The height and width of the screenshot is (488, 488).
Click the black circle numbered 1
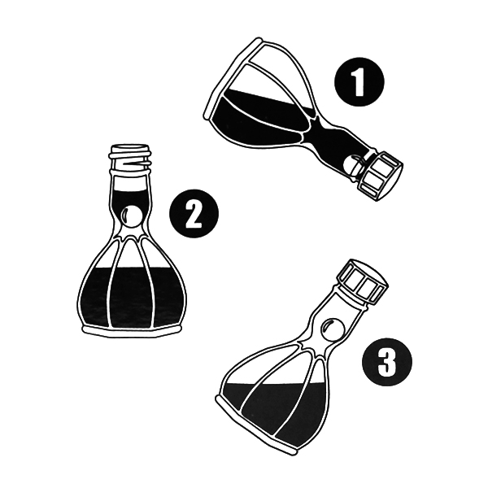tap(359, 82)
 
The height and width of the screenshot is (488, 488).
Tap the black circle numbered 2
tap(194, 214)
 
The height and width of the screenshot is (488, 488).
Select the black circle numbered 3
tap(387, 361)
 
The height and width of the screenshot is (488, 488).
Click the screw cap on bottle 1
tap(381, 176)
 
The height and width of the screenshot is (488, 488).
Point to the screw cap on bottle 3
tap(363, 281)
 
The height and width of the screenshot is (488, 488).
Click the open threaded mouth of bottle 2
tap(129, 159)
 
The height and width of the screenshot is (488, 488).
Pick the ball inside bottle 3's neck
tap(332, 329)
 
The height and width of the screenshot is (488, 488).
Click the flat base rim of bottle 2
tap(131, 331)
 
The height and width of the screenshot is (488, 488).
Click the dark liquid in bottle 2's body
tap(130, 297)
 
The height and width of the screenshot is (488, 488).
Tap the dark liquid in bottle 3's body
tap(274, 411)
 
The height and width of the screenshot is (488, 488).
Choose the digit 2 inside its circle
tap(194, 214)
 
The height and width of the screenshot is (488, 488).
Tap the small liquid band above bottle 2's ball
tap(130, 198)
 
